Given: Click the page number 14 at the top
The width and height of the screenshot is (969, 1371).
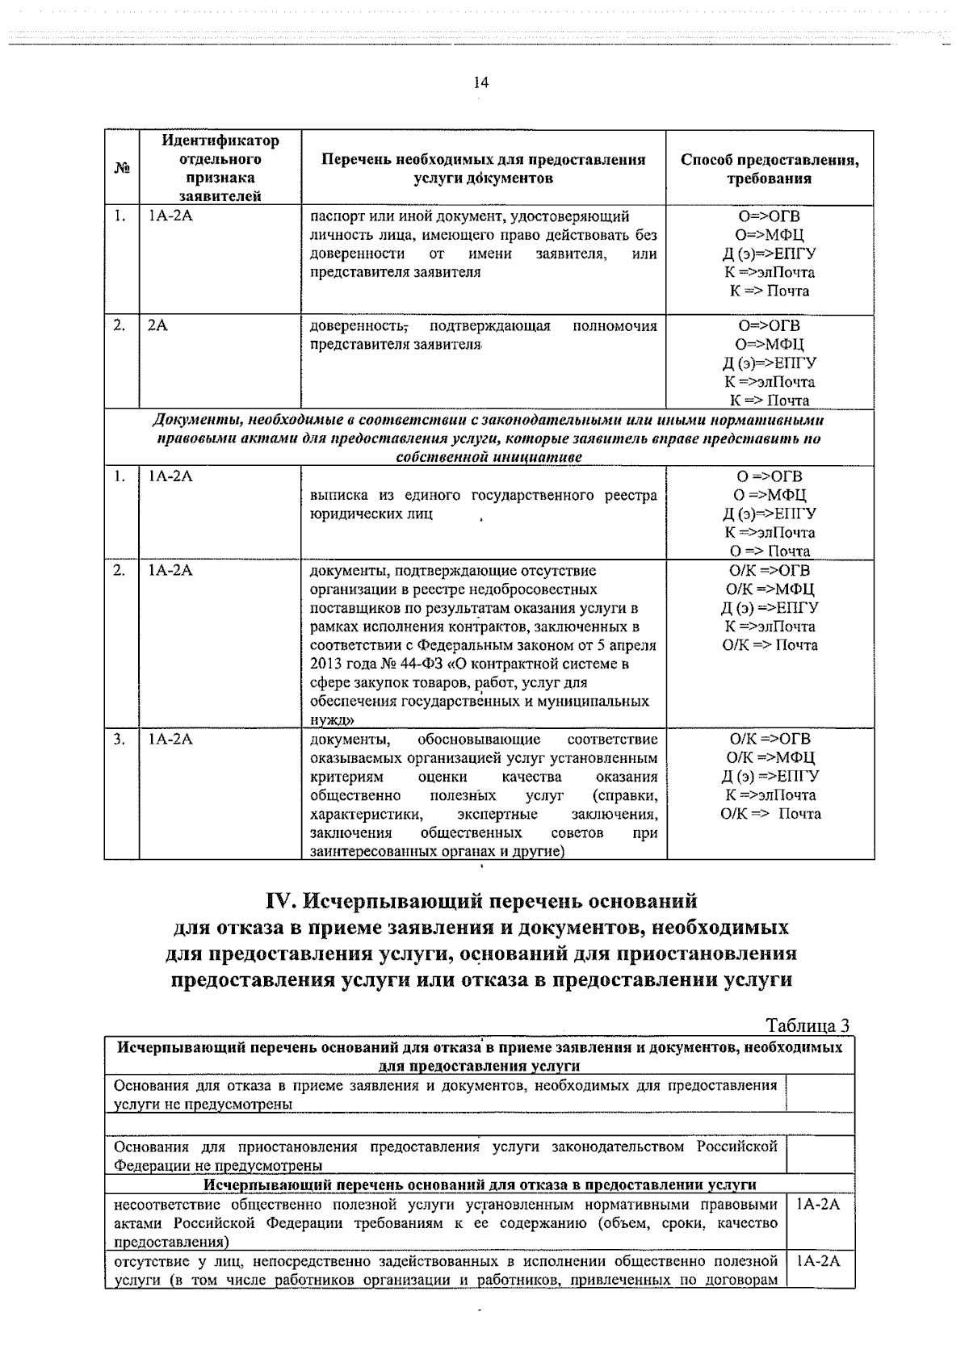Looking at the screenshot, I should pos(481,82).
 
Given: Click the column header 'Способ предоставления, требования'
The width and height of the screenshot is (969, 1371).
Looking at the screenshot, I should pos(770,169).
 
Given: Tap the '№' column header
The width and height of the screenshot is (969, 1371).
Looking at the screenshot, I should pos(121,169).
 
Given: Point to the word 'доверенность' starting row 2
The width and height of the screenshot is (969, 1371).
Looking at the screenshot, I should pos(358,326).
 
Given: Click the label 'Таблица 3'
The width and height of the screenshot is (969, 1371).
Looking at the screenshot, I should pos(807,1026).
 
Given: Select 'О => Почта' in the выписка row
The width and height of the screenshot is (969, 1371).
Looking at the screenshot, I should pos(770,551).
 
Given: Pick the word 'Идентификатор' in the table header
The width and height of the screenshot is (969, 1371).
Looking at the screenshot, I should pos(220,141).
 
